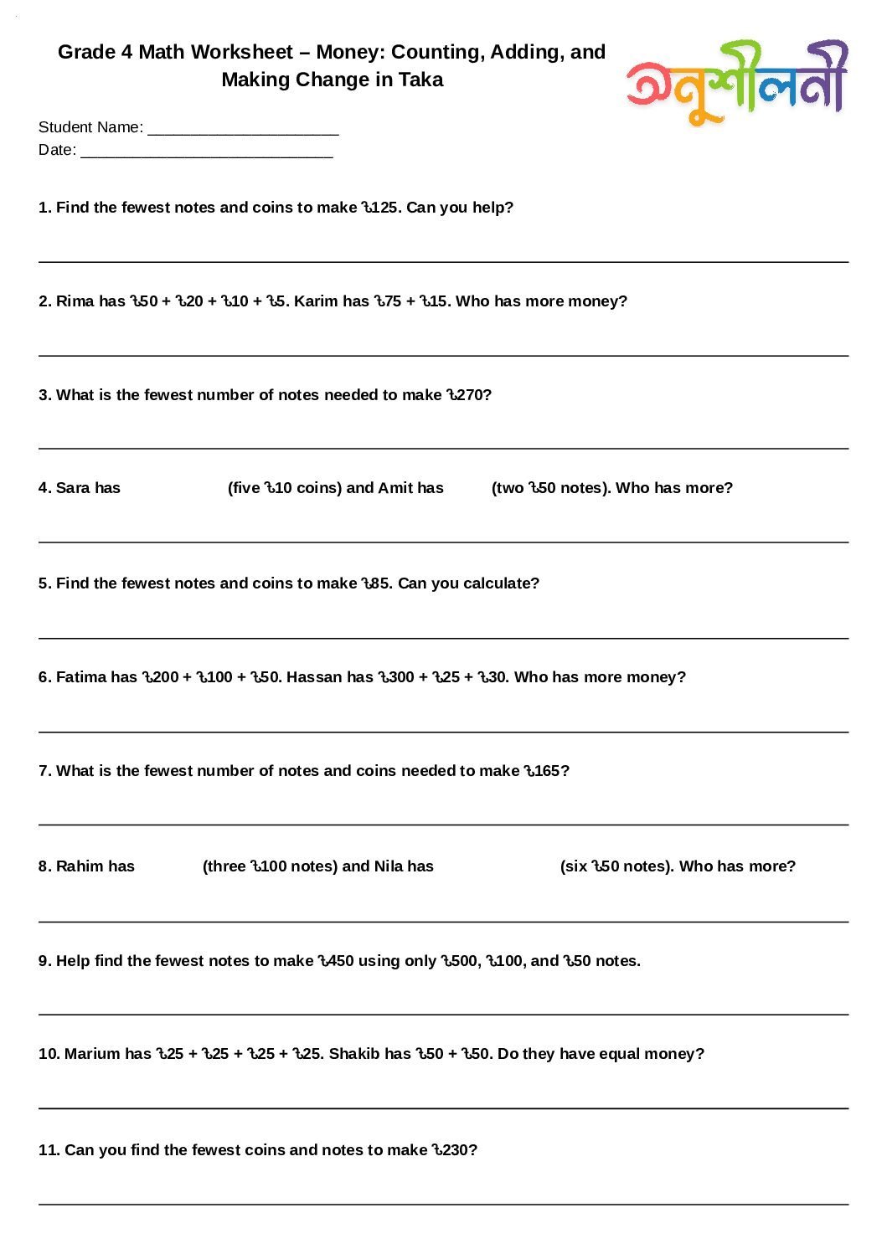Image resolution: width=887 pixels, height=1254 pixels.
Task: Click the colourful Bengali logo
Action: [x=737, y=81]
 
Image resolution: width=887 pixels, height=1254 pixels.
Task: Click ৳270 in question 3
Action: [x=466, y=395]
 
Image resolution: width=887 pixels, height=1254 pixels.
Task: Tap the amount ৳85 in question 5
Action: [x=375, y=583]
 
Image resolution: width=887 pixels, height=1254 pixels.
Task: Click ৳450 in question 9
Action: [x=336, y=961]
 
